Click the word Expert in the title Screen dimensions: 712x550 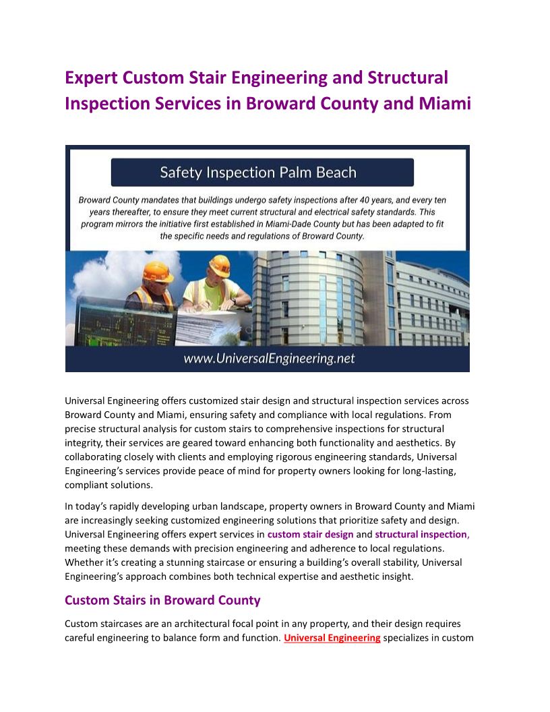coord(91,78)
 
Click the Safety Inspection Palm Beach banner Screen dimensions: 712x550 coord(262,173)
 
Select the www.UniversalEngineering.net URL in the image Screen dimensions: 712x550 coord(269,359)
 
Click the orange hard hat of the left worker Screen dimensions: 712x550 coord(158,271)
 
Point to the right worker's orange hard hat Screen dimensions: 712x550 coord(219,265)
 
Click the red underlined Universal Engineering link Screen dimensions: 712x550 coord(332,637)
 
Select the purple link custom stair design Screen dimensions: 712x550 coord(310,534)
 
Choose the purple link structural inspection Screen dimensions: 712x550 coord(421,534)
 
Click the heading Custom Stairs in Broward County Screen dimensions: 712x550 coord(162,600)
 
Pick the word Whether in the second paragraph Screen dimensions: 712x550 coord(83,562)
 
